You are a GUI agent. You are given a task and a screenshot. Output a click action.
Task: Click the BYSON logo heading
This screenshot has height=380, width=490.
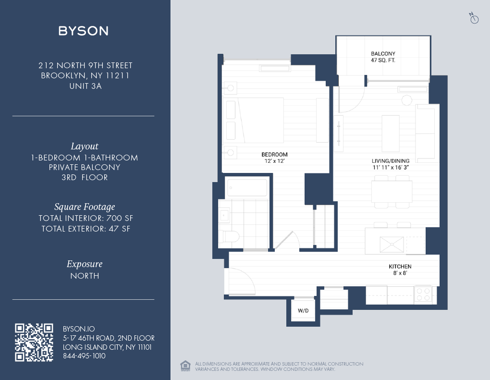coord(84,31)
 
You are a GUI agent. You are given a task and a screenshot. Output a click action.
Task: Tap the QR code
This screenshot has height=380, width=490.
coord(34,342)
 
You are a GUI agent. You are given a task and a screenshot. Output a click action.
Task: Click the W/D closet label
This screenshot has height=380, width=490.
coord(303,311)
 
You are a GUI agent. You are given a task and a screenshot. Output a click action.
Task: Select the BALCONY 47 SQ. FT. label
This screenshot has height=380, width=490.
coord(383,57)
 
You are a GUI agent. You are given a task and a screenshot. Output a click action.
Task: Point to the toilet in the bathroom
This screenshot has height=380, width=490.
coord(230,236)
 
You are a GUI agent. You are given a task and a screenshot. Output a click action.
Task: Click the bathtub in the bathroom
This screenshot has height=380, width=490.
coord(247,187)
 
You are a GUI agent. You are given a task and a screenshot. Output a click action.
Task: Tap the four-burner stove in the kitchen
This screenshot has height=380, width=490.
coord(423,294)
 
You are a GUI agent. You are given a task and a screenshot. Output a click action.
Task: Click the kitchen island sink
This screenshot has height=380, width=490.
coord(392,245)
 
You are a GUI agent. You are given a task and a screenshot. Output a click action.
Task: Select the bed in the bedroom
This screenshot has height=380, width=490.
coord(255,120)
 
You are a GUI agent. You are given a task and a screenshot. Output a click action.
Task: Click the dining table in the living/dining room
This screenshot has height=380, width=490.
coord(392,192)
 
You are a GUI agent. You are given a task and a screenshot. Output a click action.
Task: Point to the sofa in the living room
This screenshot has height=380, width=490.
coord(425,133)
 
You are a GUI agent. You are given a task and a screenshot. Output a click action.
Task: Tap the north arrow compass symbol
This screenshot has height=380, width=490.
coord(474,18)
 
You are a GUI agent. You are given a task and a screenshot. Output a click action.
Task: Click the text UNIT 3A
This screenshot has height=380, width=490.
coord(85,86)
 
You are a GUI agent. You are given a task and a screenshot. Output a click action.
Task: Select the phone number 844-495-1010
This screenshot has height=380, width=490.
coord(84,356)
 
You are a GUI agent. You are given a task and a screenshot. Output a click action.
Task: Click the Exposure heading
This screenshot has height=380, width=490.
coord(85,264)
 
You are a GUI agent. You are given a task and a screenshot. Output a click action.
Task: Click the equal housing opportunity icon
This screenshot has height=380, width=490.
coord(185,366)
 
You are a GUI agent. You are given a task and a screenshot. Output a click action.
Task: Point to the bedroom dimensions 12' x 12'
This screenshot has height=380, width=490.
coord(274,161)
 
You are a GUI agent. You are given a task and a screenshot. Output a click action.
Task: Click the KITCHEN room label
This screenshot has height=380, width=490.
coord(400,267)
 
